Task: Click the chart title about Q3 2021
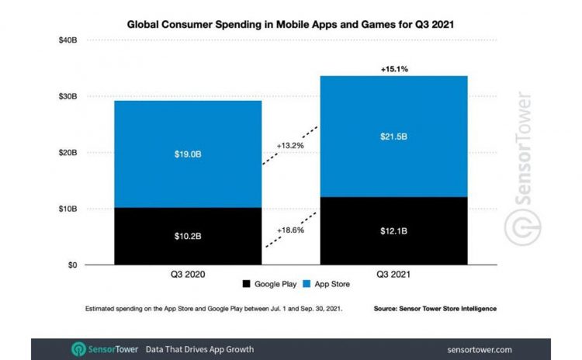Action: click(290, 24)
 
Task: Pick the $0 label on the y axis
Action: click(71, 265)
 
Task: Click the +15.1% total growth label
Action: click(393, 69)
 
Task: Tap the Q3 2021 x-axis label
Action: click(393, 275)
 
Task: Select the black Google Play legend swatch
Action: click(247, 285)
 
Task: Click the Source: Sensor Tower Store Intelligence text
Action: click(435, 309)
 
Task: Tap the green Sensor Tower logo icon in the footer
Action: click(78, 349)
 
